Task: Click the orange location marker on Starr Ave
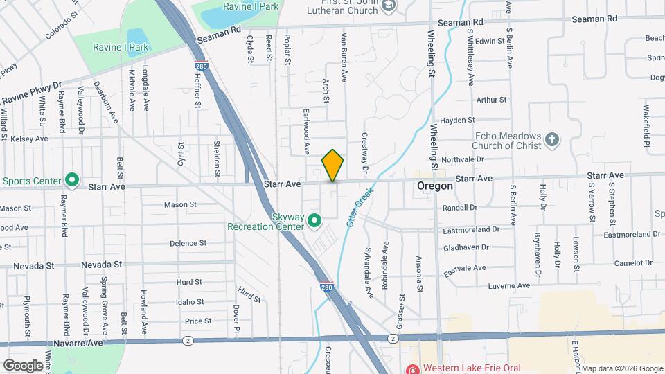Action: point(333,165)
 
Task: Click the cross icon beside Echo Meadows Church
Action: point(552,139)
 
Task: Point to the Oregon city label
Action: point(435,186)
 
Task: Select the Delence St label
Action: point(188,243)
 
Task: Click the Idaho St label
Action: point(190,302)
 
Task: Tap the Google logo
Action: point(23,365)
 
